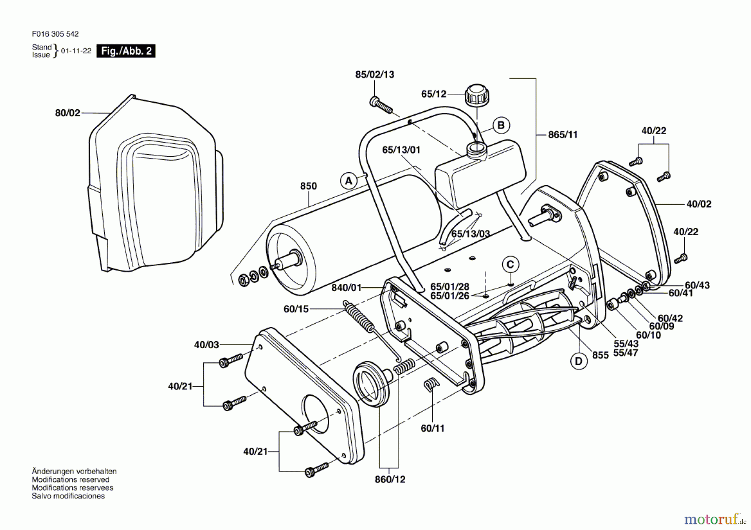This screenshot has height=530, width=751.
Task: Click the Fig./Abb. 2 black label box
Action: [x=126, y=51]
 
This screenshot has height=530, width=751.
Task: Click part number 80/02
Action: [x=67, y=113]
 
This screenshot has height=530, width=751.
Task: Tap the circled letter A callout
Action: [x=349, y=181]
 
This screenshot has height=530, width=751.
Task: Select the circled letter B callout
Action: [x=501, y=125]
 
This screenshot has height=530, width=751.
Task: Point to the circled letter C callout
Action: [x=510, y=264]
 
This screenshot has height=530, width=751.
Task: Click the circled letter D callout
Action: [x=579, y=361]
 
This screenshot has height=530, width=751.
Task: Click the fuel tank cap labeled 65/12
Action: [x=476, y=96]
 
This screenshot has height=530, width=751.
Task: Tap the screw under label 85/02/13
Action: [x=381, y=105]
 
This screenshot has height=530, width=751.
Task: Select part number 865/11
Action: [x=562, y=135]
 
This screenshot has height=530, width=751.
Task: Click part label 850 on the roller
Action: [x=308, y=186]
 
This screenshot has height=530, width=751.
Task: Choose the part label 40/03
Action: [x=206, y=345]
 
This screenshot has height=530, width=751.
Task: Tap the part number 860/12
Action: [x=390, y=480]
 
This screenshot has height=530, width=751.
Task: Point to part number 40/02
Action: [x=698, y=204]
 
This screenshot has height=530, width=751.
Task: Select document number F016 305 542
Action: [x=55, y=34]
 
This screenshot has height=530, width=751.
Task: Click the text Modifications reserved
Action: [x=71, y=480]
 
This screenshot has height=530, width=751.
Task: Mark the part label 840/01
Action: [x=346, y=288]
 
